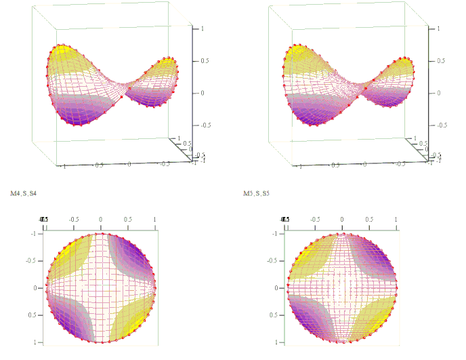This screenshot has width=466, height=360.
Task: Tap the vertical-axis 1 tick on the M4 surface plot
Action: pyautogui.click(x=196, y=29)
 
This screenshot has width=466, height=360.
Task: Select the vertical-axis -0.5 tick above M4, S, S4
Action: pyautogui.click(x=200, y=125)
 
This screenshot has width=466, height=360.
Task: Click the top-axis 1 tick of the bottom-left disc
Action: pyautogui.click(x=154, y=220)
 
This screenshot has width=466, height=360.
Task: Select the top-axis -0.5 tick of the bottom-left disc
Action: pyautogui.click(x=73, y=220)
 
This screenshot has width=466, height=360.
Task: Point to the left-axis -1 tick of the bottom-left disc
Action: pyautogui.click(x=33, y=233)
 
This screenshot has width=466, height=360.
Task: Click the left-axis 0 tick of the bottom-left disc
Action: pyautogui.click(x=35, y=288)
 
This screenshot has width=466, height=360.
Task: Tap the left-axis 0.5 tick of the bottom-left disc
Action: pyautogui.click(x=33, y=315)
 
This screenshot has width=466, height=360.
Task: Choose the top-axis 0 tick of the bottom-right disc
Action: pyautogui.click(x=342, y=220)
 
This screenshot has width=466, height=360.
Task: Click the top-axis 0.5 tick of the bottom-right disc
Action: pyautogui.click(x=369, y=220)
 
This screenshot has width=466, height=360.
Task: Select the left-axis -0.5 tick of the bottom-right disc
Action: pyautogui.click(x=274, y=260)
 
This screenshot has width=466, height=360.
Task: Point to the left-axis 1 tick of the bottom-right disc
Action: pyautogui.click(x=276, y=342)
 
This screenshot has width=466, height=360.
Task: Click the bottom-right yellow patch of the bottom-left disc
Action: pyautogui.click(x=131, y=319)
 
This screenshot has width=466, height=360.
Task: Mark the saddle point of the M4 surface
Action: pyautogui.click(x=125, y=87)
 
